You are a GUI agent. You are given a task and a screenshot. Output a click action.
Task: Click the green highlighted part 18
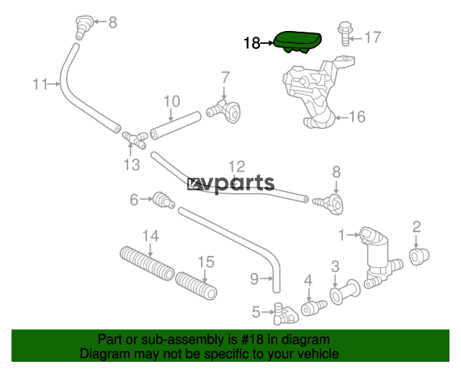[x=297, y=42]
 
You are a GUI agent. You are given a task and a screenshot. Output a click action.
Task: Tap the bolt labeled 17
[x=346, y=34]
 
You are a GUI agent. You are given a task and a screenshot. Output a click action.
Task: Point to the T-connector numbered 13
[x=135, y=139]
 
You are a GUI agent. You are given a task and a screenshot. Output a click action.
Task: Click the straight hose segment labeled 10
[x=175, y=125]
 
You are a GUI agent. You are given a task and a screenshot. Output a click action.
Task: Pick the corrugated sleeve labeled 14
[x=147, y=263]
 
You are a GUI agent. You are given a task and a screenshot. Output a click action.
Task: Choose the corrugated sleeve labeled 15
[x=197, y=285]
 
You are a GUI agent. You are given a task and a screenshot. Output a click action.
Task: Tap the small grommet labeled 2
[x=419, y=257]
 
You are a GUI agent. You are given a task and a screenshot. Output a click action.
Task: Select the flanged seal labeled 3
[x=344, y=292]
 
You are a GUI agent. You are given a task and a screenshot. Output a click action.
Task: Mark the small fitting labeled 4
[x=313, y=308]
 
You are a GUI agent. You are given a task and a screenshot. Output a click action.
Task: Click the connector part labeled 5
[x=285, y=314]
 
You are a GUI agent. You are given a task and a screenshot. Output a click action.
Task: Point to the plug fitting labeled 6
[x=164, y=200]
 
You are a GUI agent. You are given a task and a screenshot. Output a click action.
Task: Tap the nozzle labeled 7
[x=224, y=111]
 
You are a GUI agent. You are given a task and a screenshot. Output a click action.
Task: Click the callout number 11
[x=40, y=84]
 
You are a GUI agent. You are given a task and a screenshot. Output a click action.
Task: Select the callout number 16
[x=357, y=117]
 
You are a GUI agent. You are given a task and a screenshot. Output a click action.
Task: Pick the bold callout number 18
[x=252, y=43]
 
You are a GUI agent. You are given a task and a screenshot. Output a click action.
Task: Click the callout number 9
[x=254, y=279]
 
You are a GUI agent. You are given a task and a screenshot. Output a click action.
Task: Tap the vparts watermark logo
[x=231, y=184]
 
